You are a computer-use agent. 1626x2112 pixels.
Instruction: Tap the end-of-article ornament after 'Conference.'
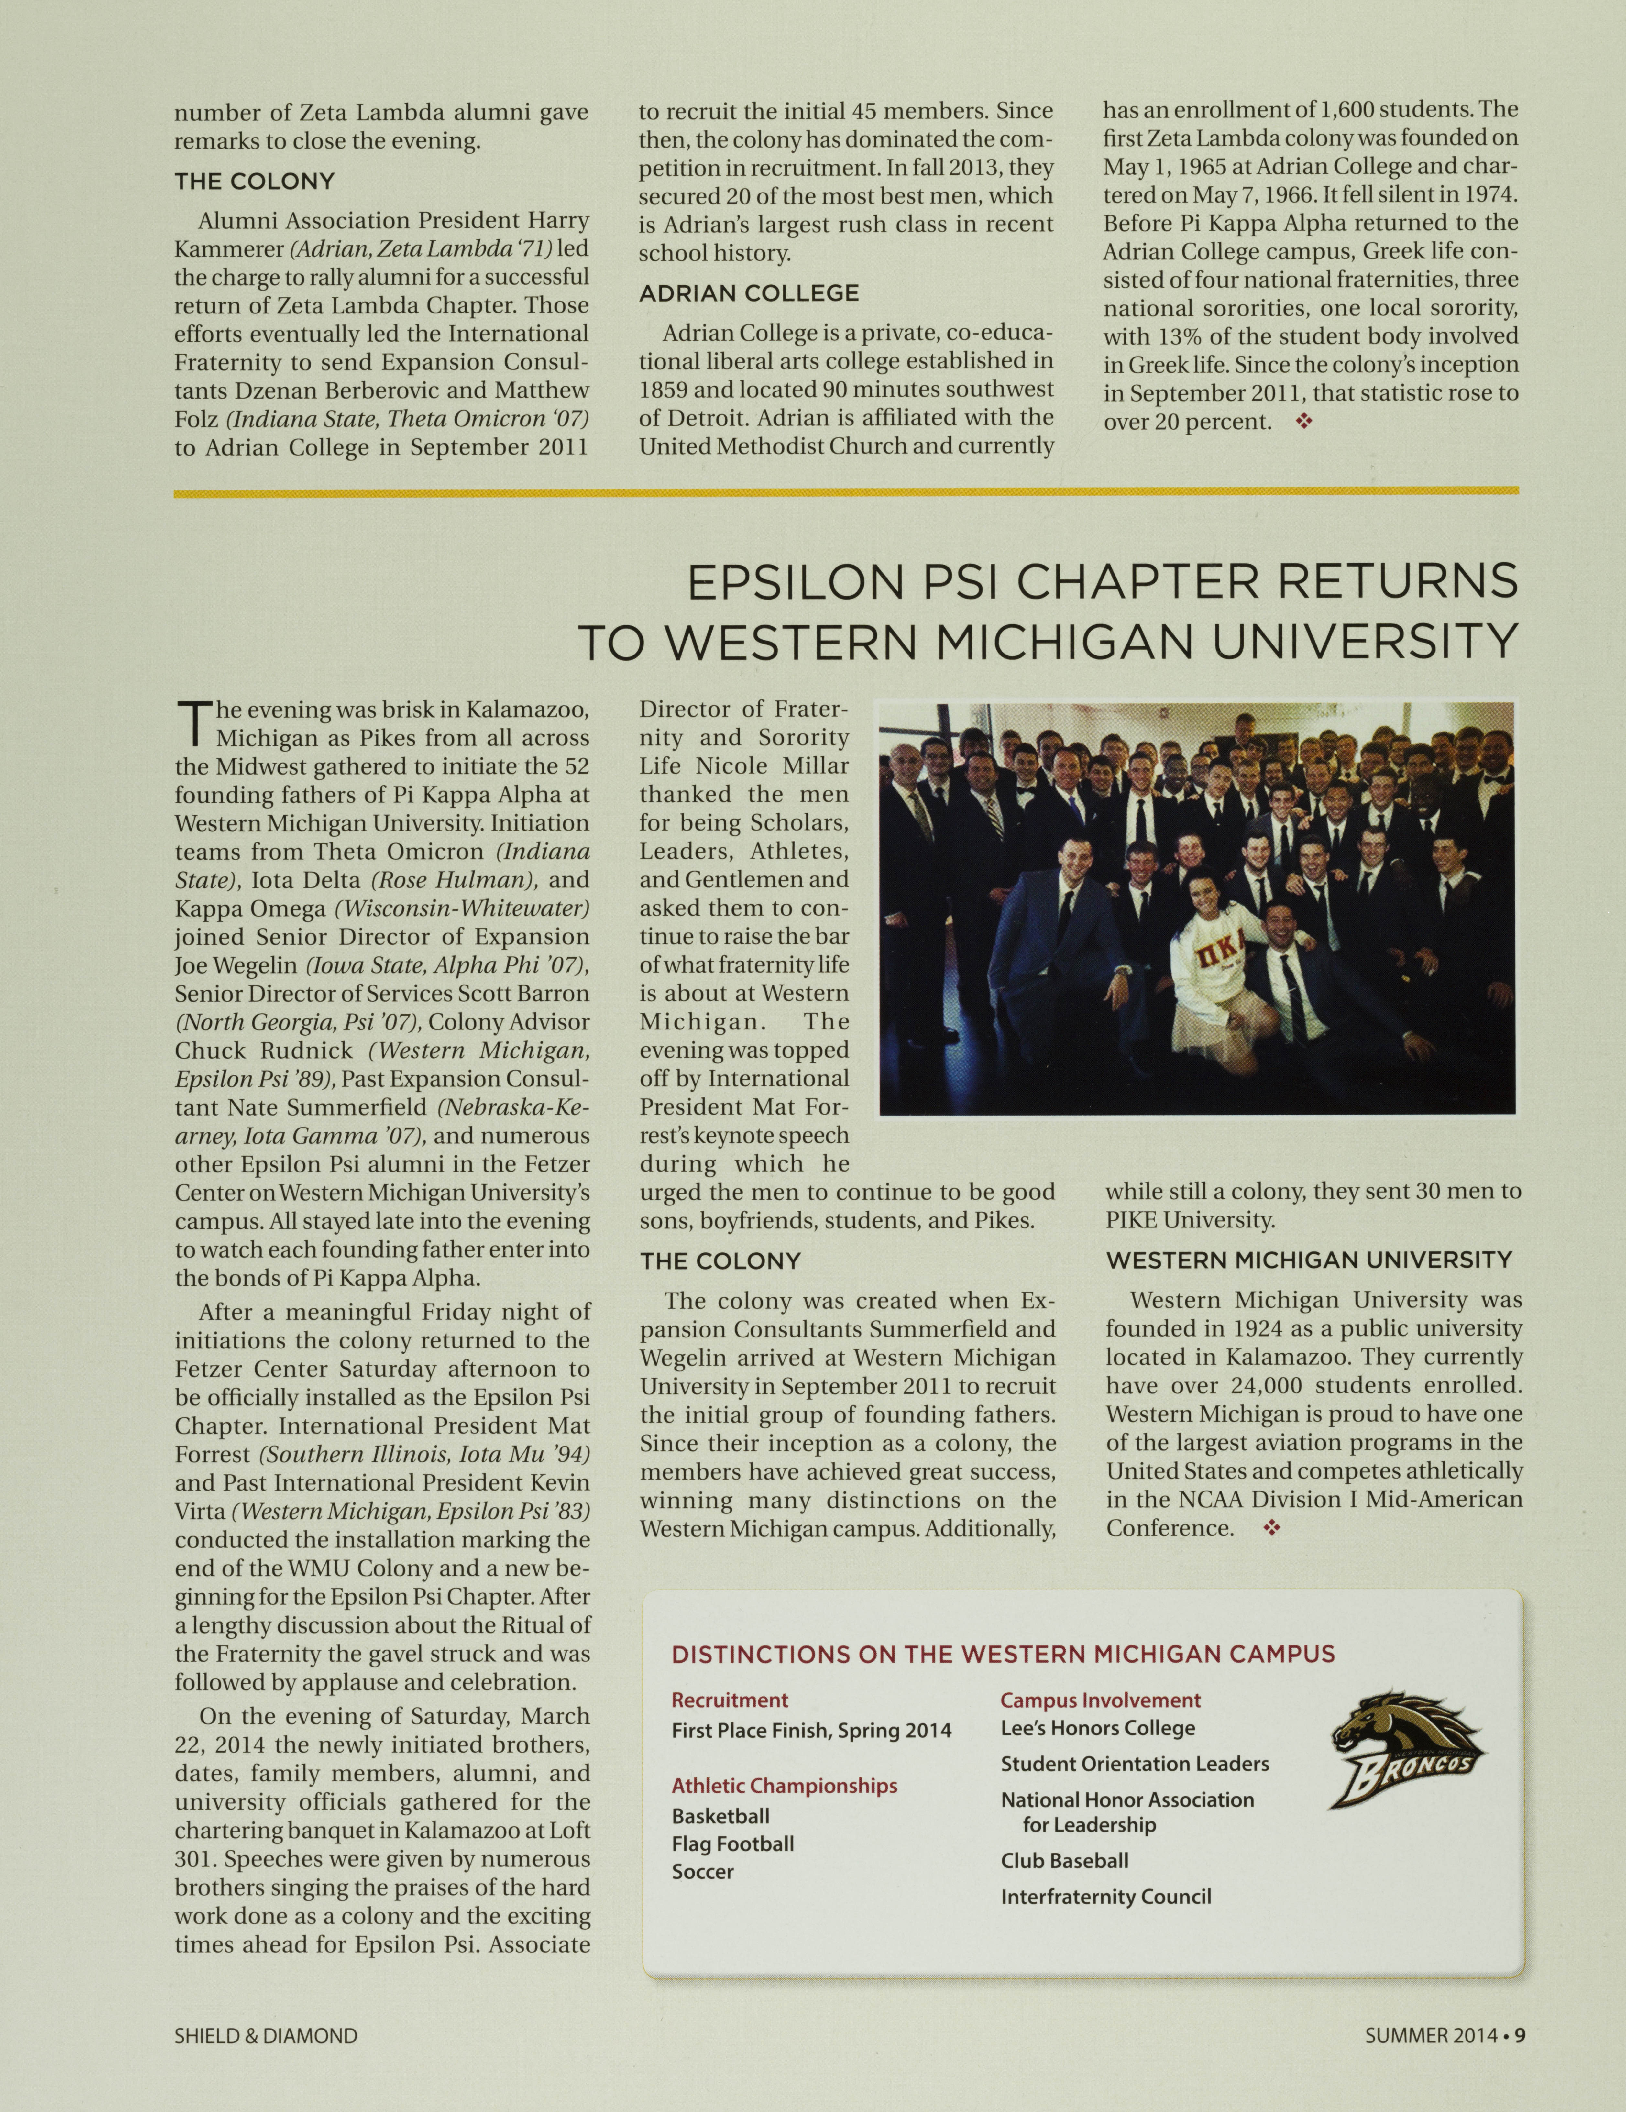tap(1272, 1528)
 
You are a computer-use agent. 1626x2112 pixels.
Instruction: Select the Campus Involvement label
tap(1100, 1699)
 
